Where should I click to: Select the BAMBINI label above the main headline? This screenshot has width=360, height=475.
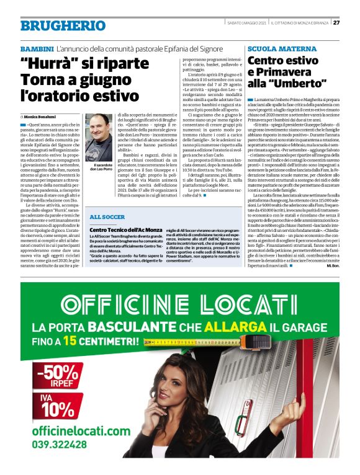point(36,48)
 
